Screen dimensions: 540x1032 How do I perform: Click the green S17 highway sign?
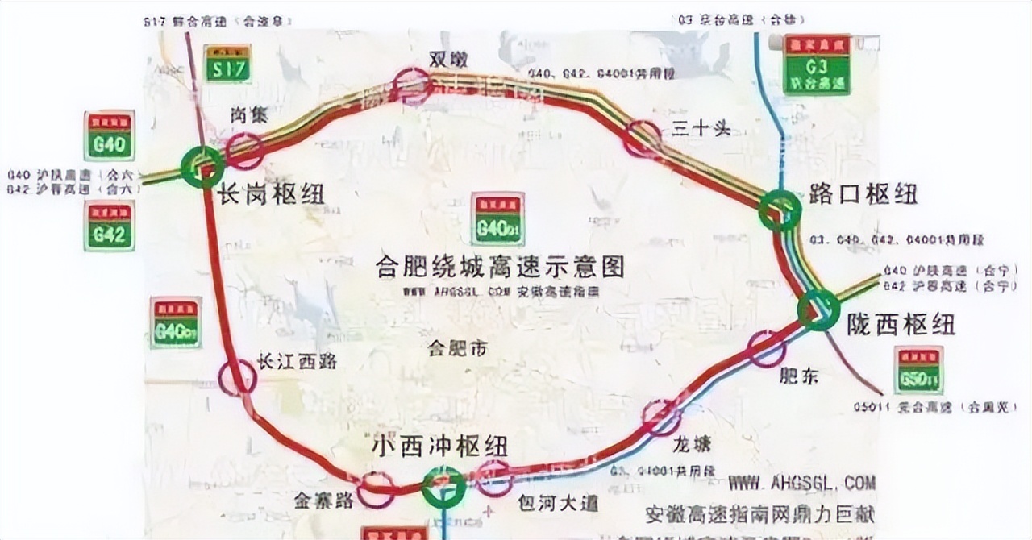coord(227,64)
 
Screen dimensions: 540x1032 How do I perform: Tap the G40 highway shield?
coord(109,136)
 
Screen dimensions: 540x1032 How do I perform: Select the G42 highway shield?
coord(109,226)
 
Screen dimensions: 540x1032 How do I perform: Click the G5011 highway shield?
coord(918,370)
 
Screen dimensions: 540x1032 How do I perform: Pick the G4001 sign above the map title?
coord(498,218)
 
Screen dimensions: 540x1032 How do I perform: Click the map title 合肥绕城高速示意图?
coord(500,267)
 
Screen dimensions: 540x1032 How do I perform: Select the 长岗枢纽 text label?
coord(269,194)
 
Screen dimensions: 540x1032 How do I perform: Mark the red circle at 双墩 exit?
coord(414,86)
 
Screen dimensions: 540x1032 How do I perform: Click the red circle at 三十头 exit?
coord(643,138)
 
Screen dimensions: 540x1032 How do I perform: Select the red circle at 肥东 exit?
coord(765,348)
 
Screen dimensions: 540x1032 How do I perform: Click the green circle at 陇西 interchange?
coord(819,309)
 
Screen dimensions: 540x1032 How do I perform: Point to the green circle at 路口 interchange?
coord(780,210)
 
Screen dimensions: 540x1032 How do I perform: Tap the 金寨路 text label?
coord(324,501)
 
